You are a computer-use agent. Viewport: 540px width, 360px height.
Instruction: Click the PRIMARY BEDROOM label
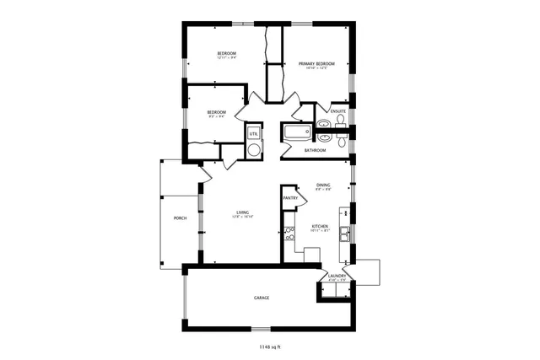coord(316,64)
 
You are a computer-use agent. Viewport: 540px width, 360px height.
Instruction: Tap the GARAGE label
coord(262,298)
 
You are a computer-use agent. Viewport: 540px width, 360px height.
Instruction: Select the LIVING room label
coord(243,212)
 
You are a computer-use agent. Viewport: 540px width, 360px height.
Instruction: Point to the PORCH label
coord(180,218)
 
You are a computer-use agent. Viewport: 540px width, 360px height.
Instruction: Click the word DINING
coord(323,185)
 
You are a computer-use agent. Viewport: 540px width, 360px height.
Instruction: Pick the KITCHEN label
coord(320,226)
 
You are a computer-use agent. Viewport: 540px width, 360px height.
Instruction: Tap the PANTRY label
coord(289,198)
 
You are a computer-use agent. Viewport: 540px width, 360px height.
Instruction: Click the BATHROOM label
coord(315,150)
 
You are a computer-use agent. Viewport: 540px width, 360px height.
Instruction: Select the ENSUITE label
coord(338,110)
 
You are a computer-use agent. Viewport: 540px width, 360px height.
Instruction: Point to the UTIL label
coord(252,133)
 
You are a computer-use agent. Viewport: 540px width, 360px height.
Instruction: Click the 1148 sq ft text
coord(271,346)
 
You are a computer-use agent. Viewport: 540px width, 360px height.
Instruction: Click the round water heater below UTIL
coord(253,149)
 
